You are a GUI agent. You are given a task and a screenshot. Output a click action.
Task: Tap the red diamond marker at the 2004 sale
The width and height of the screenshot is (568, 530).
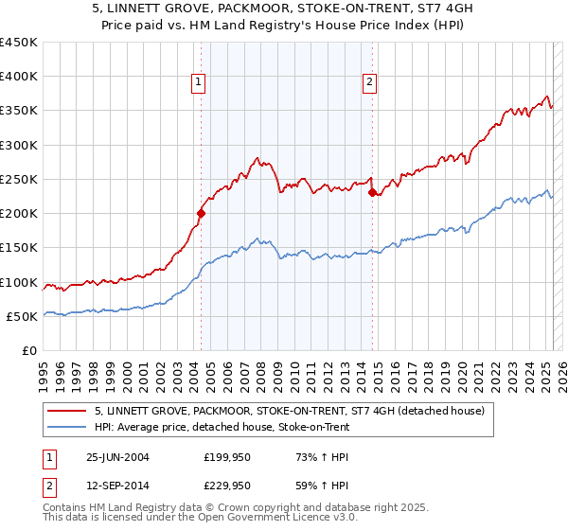tap(201, 214)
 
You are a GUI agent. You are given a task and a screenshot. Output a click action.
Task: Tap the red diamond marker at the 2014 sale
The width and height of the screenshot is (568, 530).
tap(372, 193)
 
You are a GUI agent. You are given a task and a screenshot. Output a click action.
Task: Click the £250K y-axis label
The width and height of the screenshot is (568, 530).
tap(19, 179)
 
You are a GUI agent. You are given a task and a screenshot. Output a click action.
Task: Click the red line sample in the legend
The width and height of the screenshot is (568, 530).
tap(67, 411)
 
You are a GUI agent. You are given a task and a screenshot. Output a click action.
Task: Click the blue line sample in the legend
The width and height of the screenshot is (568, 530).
tap(67, 428)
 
